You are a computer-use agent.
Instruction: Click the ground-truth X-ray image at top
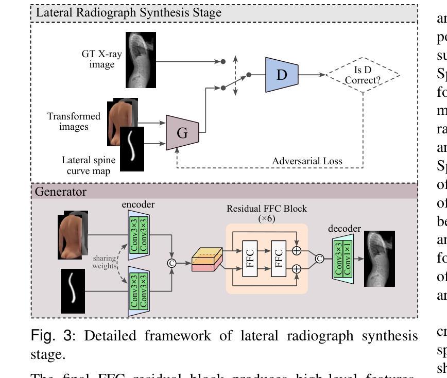pyautogui.click(x=141, y=59)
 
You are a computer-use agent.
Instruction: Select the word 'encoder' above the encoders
pyautogui.click(x=139, y=204)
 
